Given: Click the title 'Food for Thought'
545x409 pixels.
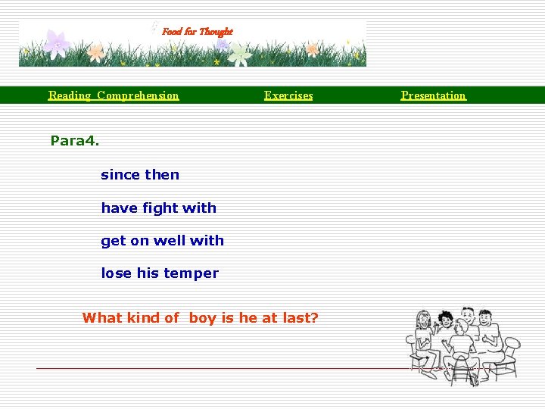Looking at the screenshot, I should coord(198,32).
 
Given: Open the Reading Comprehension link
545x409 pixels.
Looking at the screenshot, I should coord(114,95).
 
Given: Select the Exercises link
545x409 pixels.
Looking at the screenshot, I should coord(288,95).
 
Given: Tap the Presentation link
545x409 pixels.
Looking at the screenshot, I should coord(434,95).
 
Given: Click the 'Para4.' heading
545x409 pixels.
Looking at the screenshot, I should coord(75,140).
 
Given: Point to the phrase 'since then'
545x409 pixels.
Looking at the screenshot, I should coord(140,175).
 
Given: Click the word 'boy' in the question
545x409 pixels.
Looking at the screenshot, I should coord(202,318).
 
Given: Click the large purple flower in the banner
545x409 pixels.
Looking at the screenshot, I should coord(57,43).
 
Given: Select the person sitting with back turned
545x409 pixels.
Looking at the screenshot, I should coord(459,348).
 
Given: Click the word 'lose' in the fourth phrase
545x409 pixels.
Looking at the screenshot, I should coord(117,273).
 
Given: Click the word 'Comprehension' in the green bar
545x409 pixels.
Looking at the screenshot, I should coord(138,95).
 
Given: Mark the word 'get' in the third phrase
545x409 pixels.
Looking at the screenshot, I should coord(114,242).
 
